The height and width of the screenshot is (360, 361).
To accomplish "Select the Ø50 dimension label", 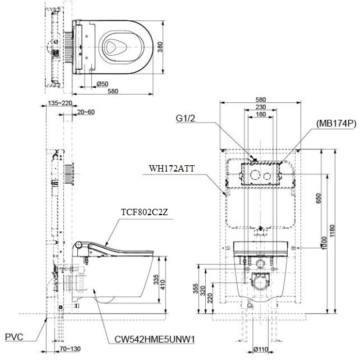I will [x=102, y=84].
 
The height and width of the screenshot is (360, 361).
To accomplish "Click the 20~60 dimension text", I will [x=86, y=112].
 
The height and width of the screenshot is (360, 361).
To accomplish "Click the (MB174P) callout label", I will [x=337, y=124].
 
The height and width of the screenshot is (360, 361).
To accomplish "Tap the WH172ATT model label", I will [x=171, y=169].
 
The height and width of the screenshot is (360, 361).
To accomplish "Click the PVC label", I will [x=15, y=337].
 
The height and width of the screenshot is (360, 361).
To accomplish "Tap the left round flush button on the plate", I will [x=253, y=175].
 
